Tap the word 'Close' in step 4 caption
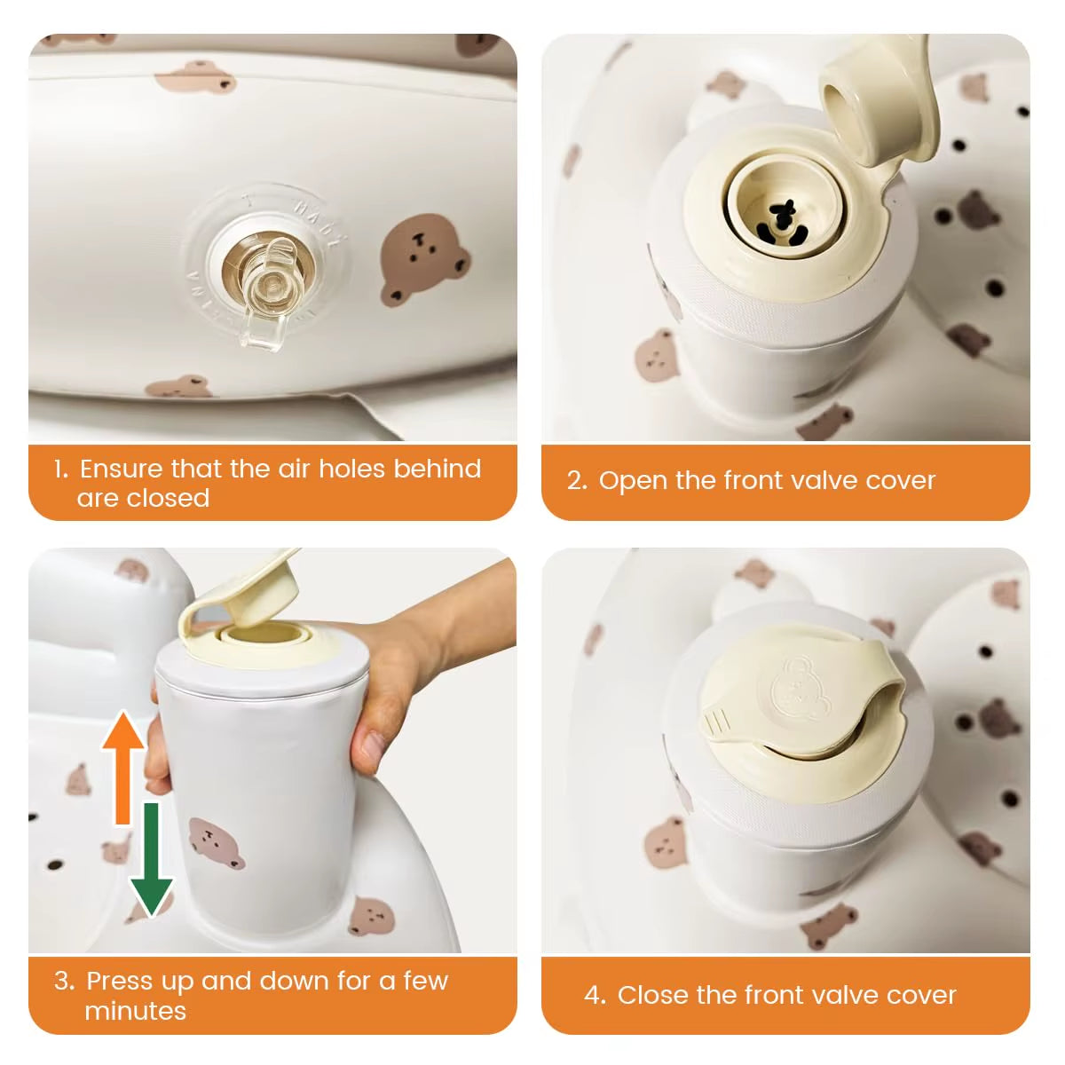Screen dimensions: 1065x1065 652,995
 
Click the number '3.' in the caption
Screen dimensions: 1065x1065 64,981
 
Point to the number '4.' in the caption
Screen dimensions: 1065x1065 595,995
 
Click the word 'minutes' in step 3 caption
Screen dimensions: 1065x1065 135,1011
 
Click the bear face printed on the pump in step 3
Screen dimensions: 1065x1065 216,843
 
